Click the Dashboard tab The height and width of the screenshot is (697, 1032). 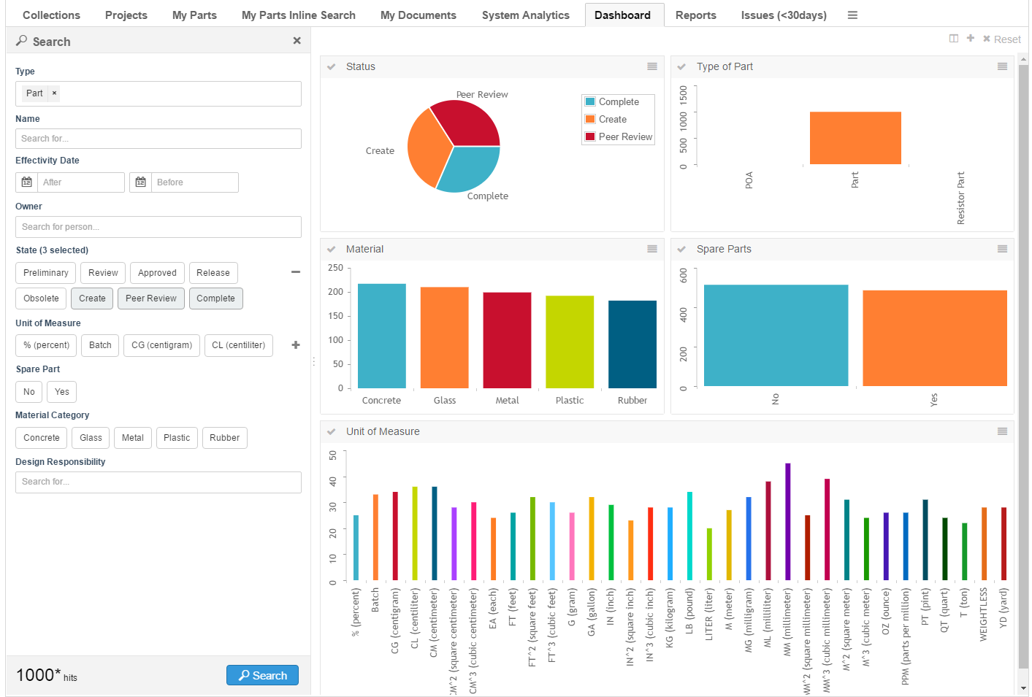(x=622, y=15)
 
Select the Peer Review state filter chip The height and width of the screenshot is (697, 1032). (x=150, y=299)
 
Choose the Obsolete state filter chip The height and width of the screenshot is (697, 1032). (x=41, y=299)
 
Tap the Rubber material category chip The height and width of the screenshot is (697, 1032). (x=224, y=438)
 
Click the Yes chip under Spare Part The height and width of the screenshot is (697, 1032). (x=62, y=392)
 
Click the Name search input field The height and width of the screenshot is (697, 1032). (x=158, y=139)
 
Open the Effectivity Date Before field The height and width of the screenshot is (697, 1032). (x=194, y=182)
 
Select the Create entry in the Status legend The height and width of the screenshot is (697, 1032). (x=612, y=120)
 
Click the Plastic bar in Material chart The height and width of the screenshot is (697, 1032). (x=570, y=342)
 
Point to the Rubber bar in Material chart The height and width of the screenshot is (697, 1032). (x=632, y=344)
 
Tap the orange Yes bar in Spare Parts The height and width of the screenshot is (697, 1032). (x=934, y=338)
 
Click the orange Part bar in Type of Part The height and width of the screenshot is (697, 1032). (x=855, y=138)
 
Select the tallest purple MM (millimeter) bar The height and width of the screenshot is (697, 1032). (x=787, y=521)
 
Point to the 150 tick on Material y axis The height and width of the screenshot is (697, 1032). (x=336, y=316)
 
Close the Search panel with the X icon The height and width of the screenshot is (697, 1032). (x=297, y=41)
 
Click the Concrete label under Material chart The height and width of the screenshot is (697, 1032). (x=381, y=401)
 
